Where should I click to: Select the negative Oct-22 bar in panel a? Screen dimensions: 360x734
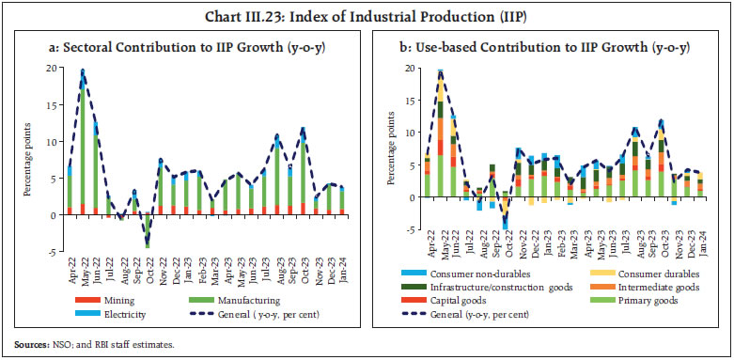(147, 229)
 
